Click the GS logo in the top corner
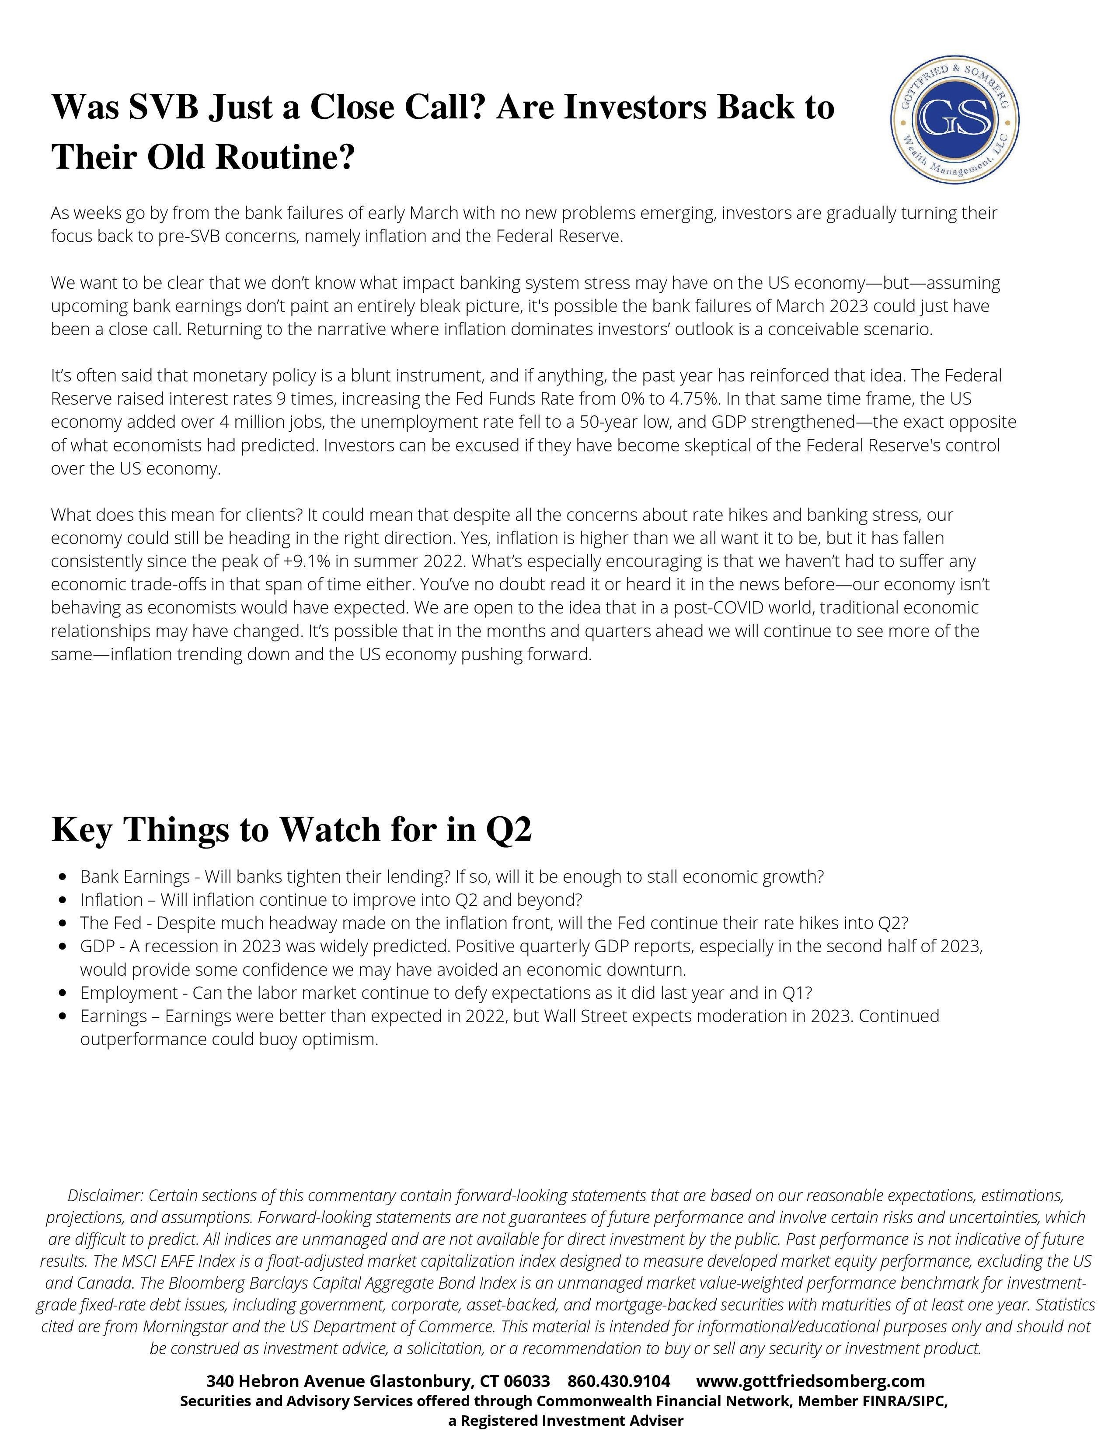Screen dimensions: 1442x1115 (955, 119)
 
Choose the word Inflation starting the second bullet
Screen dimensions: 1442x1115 (111, 901)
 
